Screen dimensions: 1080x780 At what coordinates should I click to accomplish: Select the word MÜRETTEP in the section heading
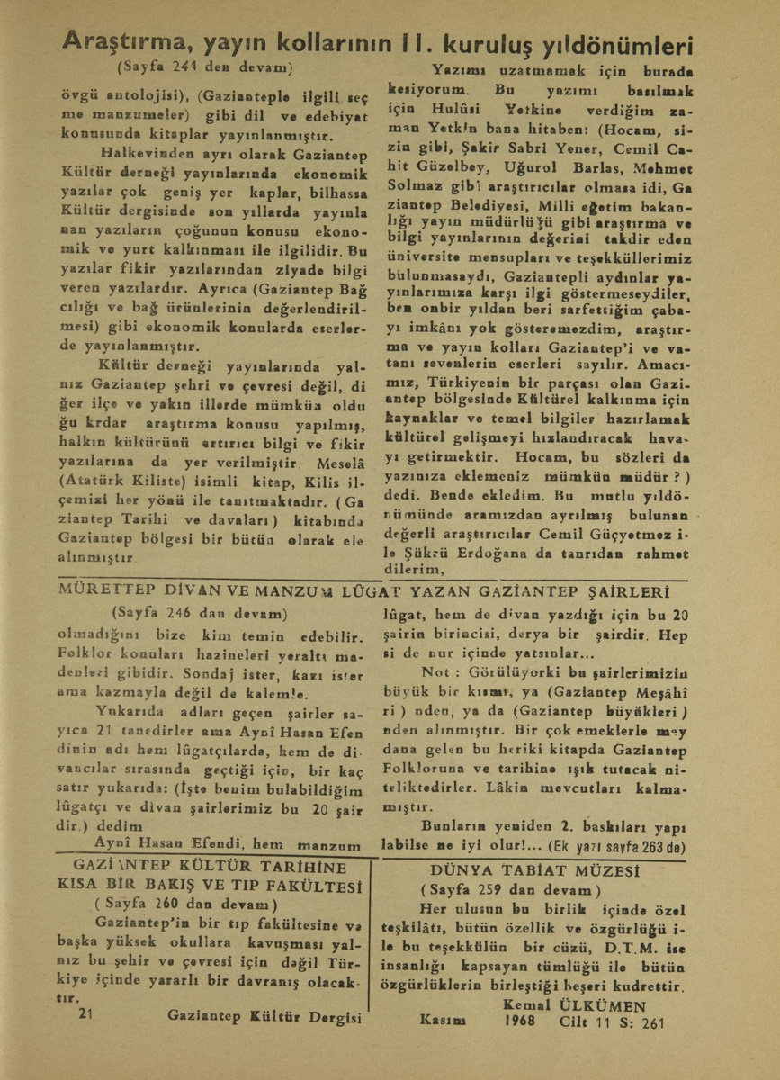(100, 591)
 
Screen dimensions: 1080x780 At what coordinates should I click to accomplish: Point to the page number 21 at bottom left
(87, 1014)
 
